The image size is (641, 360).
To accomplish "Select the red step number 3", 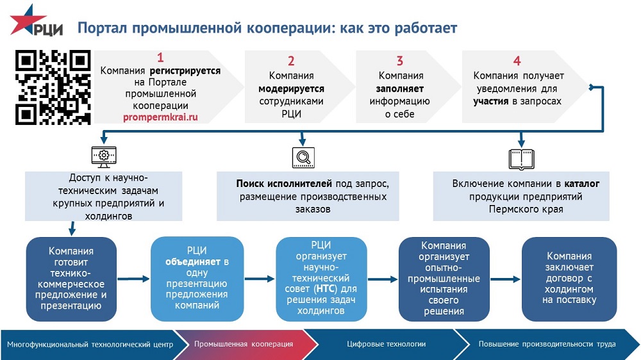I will pyautogui.click(x=400, y=61).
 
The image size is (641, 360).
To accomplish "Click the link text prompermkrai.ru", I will pyautogui.click(x=160, y=118).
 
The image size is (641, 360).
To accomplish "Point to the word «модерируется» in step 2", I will pyautogui.click(x=291, y=89).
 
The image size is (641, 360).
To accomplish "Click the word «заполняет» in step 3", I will pyautogui.click(x=400, y=89).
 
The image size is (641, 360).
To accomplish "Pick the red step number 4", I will pyautogui.click(x=517, y=61).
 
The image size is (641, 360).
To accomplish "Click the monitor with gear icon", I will pyautogui.click(x=101, y=156).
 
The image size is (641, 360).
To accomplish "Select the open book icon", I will pyautogui.click(x=520, y=157).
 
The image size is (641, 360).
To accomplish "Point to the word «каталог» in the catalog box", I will pyautogui.click(x=582, y=184).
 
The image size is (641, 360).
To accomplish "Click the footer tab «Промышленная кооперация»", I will pyautogui.click(x=244, y=344).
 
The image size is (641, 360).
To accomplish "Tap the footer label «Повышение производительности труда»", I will pyautogui.click(x=547, y=344).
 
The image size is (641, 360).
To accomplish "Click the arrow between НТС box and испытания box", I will pyautogui.click(x=383, y=279).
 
